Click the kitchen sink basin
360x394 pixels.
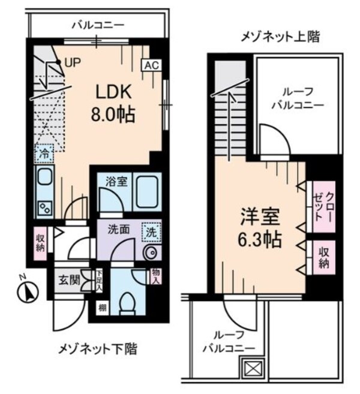point(44,178)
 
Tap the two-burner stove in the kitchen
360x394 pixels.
point(44,206)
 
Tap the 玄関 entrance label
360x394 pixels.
point(67,280)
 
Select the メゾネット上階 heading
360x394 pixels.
point(280,37)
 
